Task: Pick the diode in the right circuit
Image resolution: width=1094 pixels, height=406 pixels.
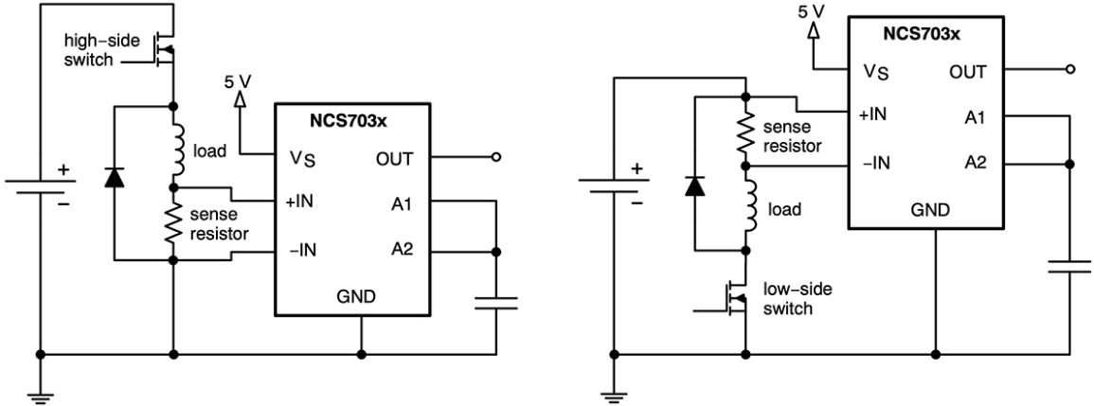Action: point(695,186)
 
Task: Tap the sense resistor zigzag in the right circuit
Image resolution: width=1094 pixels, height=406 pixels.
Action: point(746,132)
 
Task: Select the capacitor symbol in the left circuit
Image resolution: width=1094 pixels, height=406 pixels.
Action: point(496,303)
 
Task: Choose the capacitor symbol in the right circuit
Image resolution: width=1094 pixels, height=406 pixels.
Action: point(1068,268)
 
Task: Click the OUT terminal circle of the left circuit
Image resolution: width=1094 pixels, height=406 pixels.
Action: point(496,158)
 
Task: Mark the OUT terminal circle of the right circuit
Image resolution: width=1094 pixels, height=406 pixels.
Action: point(1068,70)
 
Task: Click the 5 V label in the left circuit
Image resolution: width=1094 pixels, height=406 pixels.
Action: point(238,81)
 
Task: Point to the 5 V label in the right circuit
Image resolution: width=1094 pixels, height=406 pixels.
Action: point(812,12)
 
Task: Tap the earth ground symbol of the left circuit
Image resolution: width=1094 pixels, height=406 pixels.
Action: point(41,398)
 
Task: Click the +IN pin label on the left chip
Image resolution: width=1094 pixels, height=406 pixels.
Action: point(298,203)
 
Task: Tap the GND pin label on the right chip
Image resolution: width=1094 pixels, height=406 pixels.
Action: point(934,209)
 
